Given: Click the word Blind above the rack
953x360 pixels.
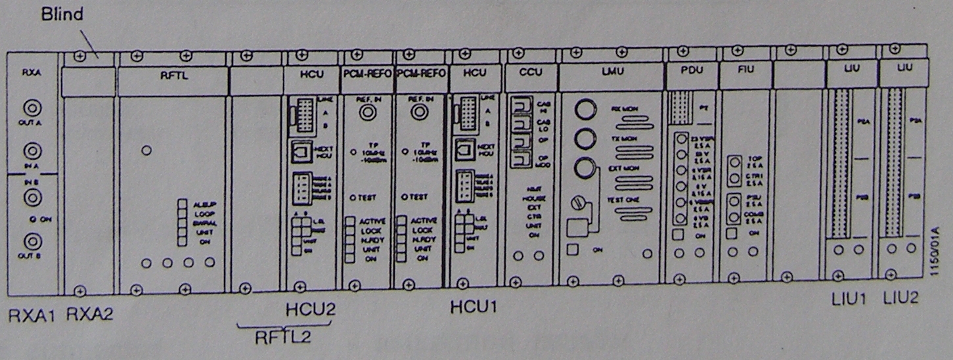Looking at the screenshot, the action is tap(63, 14).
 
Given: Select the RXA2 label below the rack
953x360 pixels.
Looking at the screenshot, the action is tap(90, 315).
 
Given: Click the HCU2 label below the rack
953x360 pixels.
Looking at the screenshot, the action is tap(310, 309).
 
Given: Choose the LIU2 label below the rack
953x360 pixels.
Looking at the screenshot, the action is tap(900, 300).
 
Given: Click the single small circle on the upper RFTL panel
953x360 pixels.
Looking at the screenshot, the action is tap(146, 150).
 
